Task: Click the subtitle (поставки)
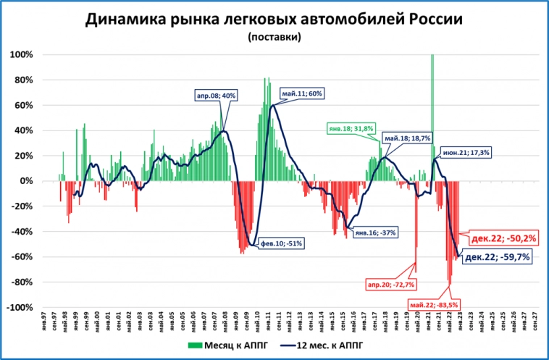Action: point(274,36)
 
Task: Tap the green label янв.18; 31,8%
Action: point(351,128)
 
